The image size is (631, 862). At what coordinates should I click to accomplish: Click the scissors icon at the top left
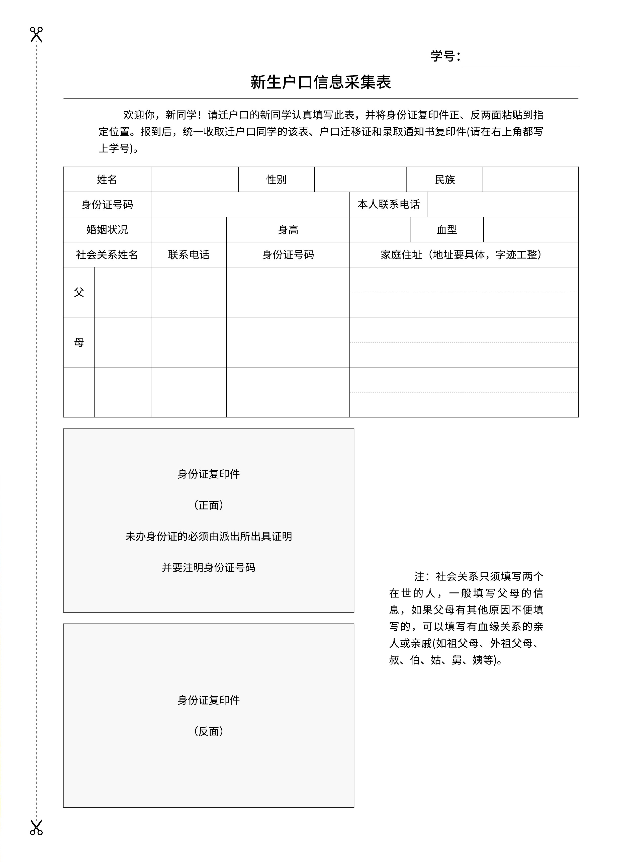point(36,34)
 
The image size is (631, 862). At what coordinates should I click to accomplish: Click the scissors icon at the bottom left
point(36,827)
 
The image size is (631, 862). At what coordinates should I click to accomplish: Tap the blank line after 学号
point(520,61)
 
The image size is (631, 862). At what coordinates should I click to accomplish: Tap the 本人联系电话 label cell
point(389,204)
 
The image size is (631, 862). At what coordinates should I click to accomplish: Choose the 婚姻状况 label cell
point(107,229)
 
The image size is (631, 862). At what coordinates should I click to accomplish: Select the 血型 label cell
point(446,229)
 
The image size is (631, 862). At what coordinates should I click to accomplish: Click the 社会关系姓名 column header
point(107,254)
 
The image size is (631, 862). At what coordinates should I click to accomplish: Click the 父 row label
point(79,292)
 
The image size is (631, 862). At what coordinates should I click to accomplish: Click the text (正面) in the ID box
point(209,505)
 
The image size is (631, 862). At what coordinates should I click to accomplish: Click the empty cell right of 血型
point(530,229)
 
